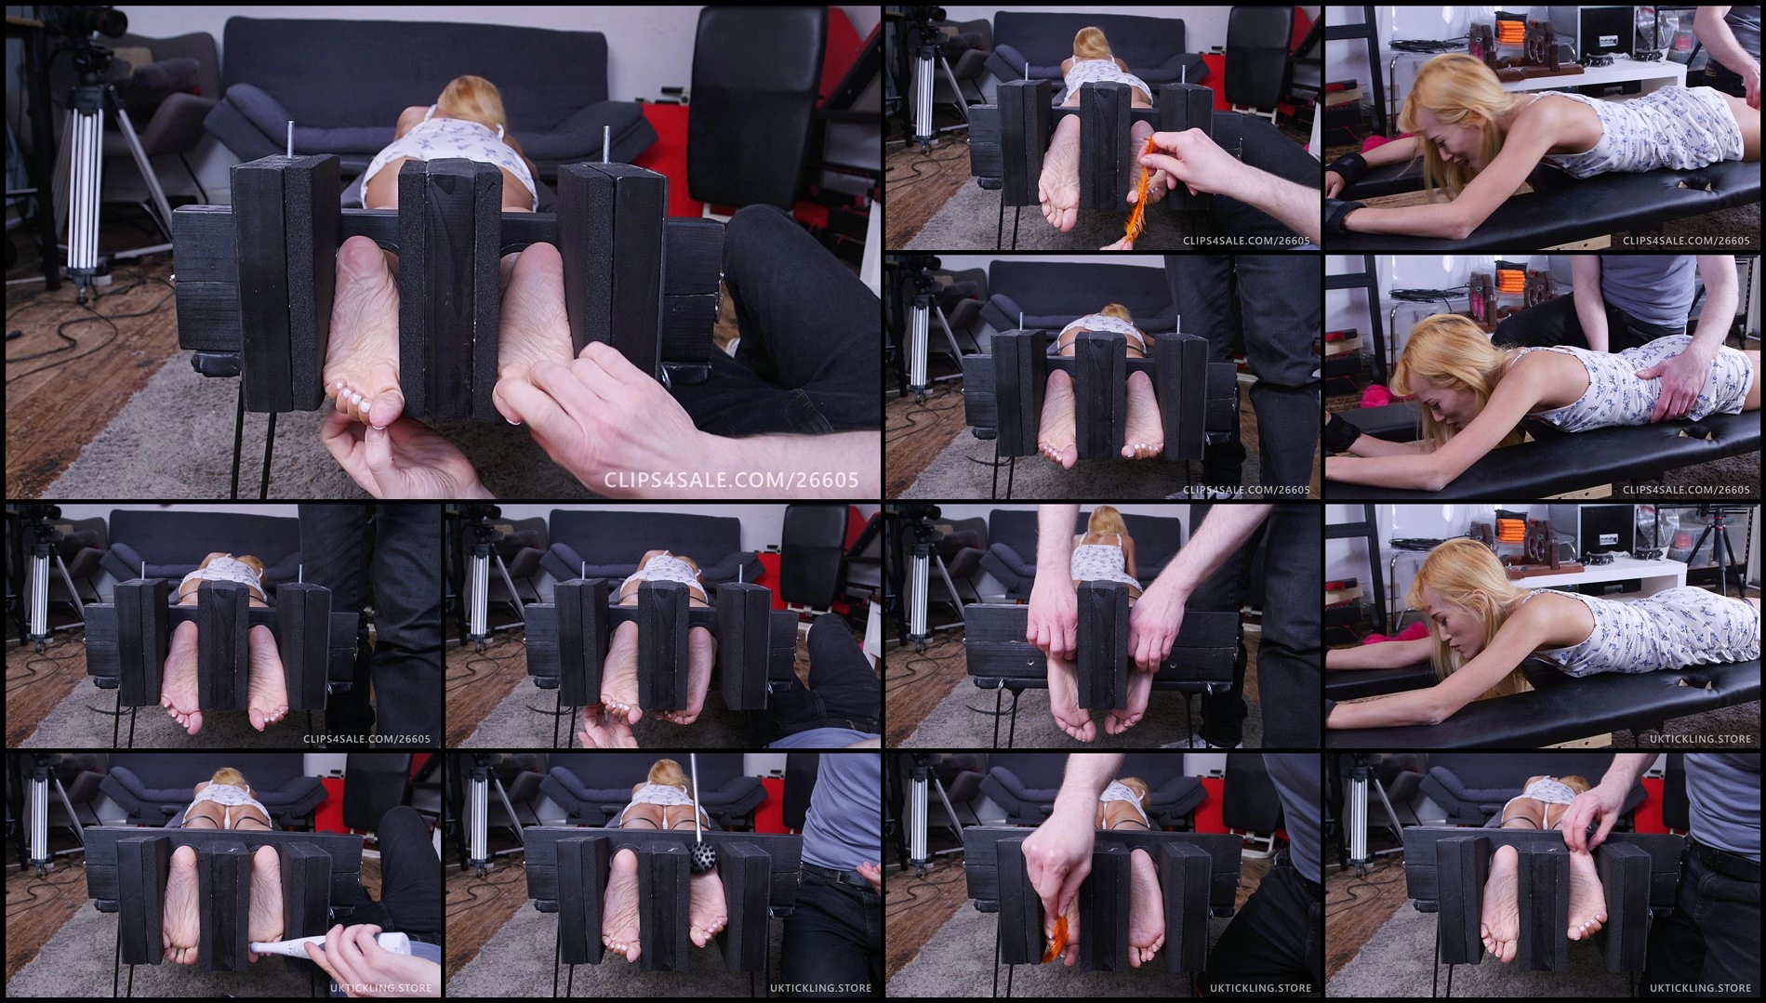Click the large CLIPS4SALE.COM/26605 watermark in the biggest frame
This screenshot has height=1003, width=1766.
click(x=731, y=481)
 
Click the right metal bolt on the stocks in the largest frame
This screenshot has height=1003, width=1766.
click(x=606, y=146)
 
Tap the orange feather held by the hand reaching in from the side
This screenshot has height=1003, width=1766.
click(x=1136, y=180)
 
